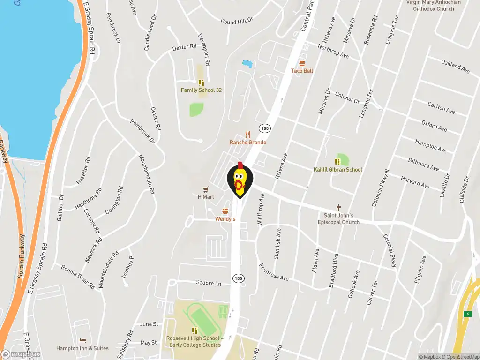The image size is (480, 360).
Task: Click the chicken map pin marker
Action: (240, 180)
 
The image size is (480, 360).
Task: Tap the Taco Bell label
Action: (302, 71)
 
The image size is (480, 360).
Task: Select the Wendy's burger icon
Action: (225, 211)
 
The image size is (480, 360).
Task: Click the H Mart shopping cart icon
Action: (205, 188)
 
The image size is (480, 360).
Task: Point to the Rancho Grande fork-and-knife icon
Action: (248, 135)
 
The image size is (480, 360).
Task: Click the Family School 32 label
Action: (201, 90)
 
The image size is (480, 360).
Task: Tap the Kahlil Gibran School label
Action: (337, 170)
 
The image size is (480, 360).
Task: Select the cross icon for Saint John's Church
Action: (338, 207)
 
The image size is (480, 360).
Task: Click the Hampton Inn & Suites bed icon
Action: (82, 340)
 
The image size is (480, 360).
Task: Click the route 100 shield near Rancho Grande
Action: (265, 128)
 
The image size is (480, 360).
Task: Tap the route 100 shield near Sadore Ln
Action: (239, 278)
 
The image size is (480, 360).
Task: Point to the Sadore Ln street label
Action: (209, 283)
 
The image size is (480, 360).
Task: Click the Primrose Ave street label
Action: (274, 272)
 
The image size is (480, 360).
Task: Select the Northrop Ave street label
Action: (333, 52)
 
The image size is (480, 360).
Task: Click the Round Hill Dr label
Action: (237, 21)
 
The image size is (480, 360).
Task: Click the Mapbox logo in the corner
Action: (21, 354)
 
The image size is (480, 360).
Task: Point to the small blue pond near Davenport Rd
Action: (247, 63)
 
